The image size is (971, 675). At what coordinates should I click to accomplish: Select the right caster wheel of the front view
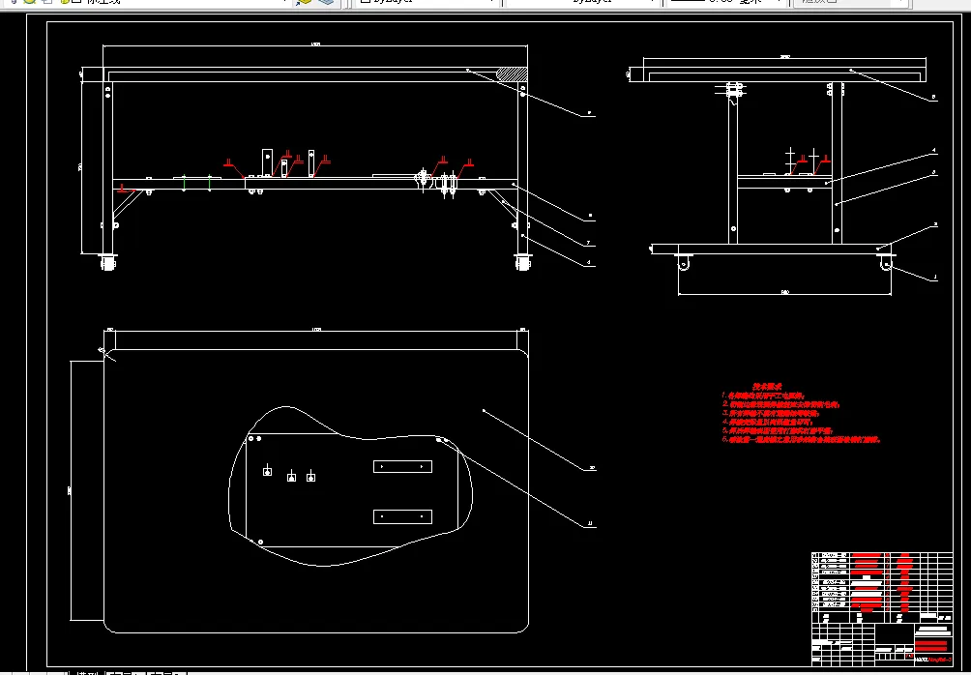coord(524,261)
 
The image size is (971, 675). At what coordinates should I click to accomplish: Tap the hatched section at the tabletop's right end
coord(513,73)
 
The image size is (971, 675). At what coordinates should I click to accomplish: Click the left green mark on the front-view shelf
coord(184,181)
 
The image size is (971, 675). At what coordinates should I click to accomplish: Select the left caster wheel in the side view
coord(684,263)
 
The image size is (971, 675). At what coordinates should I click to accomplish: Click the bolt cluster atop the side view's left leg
coord(734,90)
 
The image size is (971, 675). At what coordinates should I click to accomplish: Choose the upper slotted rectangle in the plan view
coord(402,466)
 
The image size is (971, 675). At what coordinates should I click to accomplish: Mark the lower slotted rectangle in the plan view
coord(402,516)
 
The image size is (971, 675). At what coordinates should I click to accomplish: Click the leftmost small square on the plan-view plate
coord(267,471)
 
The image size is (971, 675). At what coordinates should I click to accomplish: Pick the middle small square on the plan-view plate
coord(291,478)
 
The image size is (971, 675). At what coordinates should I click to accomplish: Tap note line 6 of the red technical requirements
coord(803,439)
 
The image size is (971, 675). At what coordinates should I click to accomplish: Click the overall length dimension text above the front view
coord(315,44)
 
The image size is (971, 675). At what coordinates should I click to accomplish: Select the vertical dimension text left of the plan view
coord(69,491)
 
